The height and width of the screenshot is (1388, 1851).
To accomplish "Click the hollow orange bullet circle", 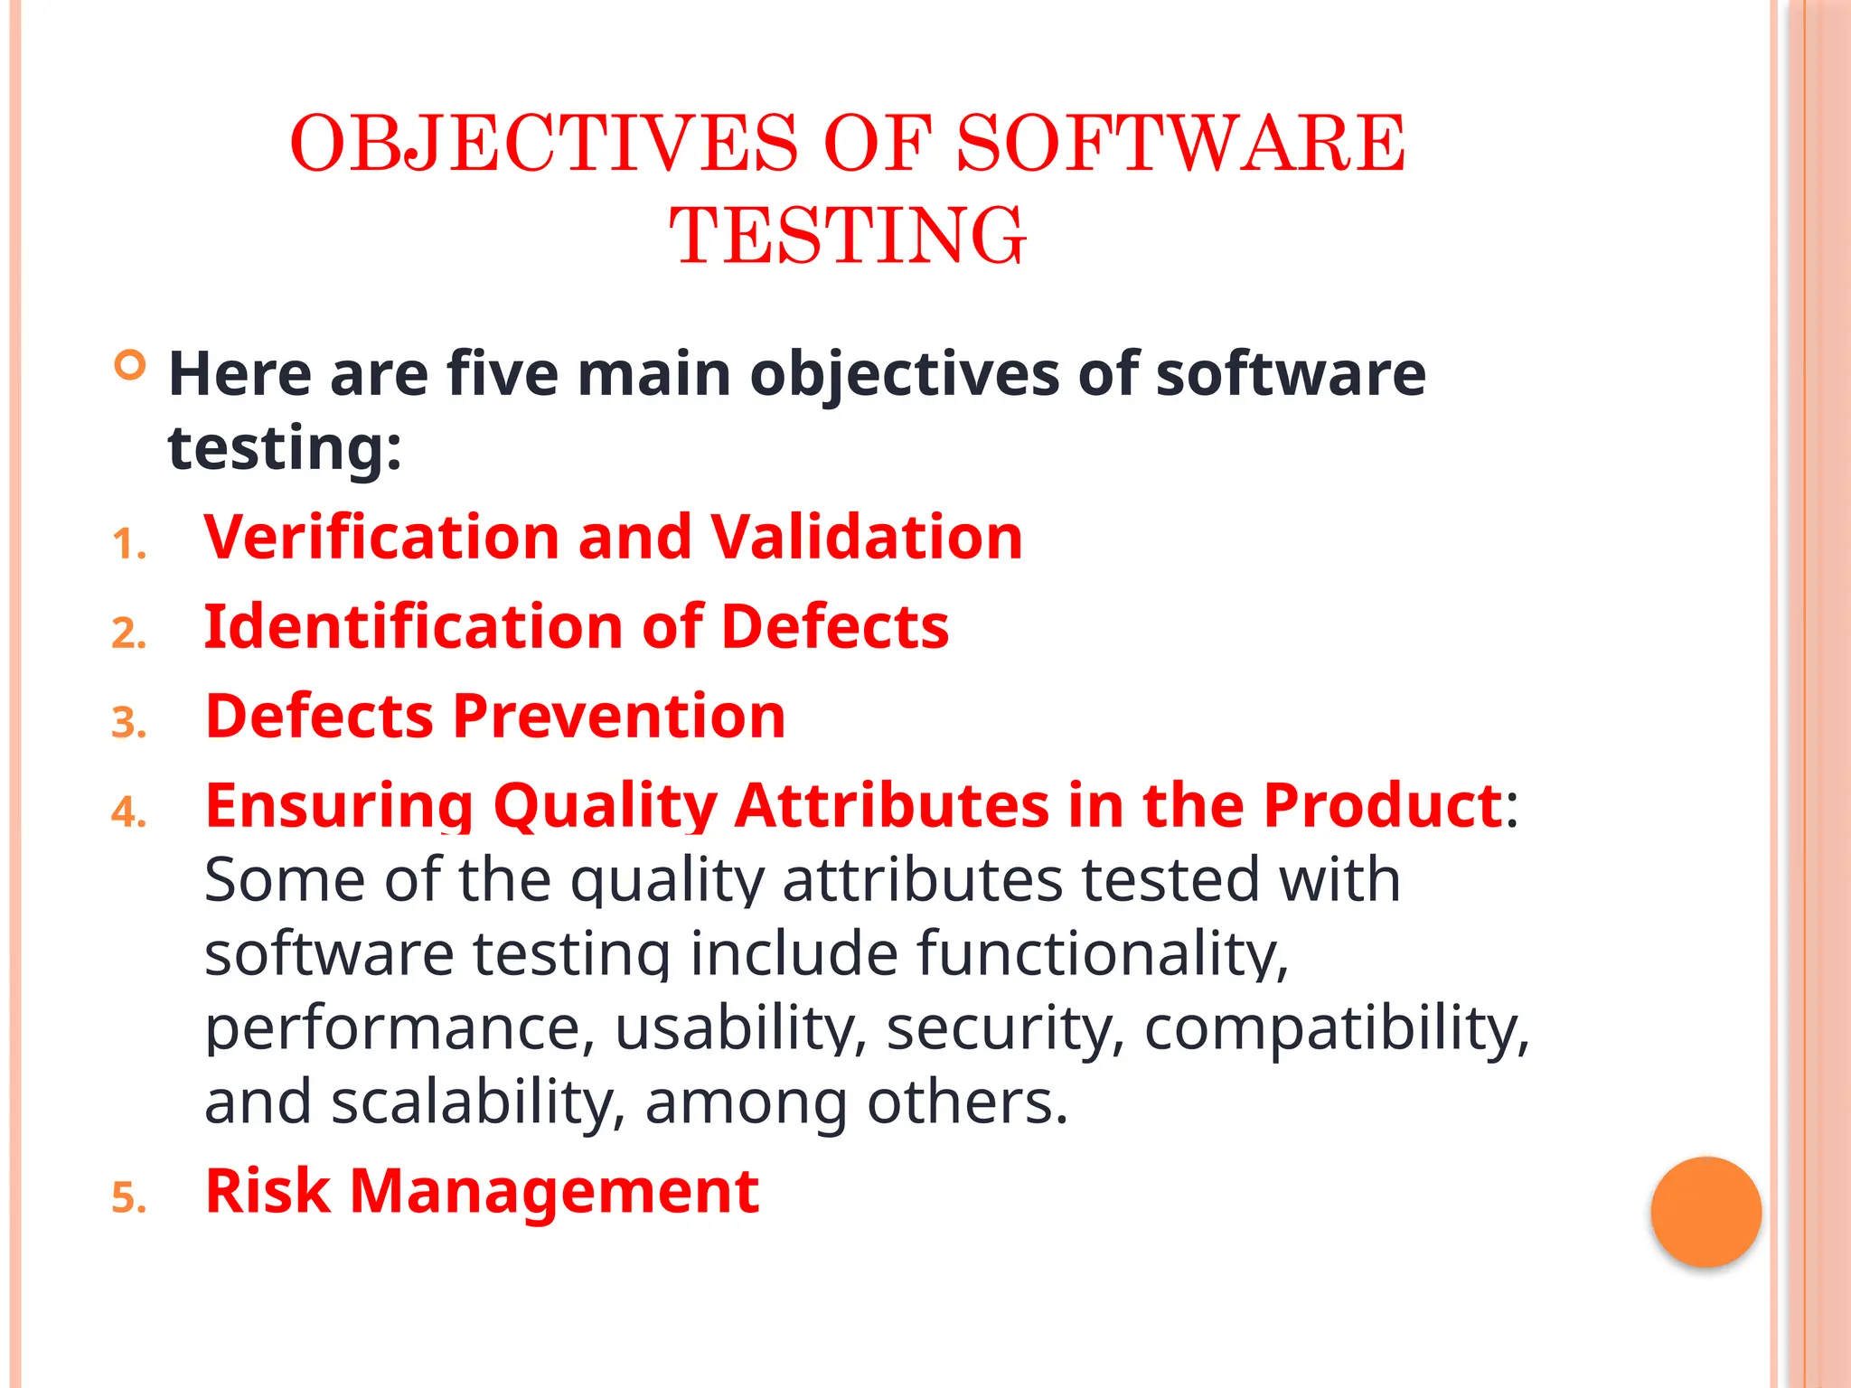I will point(130,366).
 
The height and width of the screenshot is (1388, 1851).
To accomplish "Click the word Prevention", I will point(619,716).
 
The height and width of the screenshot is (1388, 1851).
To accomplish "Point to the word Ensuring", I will point(339,805).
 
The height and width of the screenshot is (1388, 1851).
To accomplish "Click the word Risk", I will point(268,1190).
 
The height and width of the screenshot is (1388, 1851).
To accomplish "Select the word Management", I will point(554,1190).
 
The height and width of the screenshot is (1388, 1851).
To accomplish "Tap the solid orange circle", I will point(1705,1212).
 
